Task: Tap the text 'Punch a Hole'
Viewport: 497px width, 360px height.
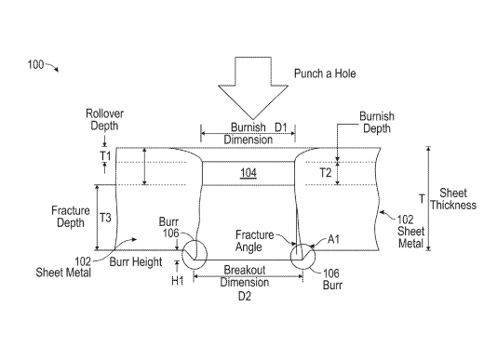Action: (x=325, y=73)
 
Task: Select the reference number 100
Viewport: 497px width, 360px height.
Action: (x=35, y=64)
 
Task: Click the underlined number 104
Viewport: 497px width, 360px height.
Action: (x=248, y=173)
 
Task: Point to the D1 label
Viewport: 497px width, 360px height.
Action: (x=280, y=127)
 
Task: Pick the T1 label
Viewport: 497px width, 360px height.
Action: (x=105, y=156)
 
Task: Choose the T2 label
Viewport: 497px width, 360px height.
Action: (x=326, y=173)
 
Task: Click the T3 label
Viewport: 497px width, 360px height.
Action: (x=105, y=218)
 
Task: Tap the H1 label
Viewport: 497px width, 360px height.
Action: (x=178, y=280)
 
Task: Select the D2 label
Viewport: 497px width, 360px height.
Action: (x=245, y=297)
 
